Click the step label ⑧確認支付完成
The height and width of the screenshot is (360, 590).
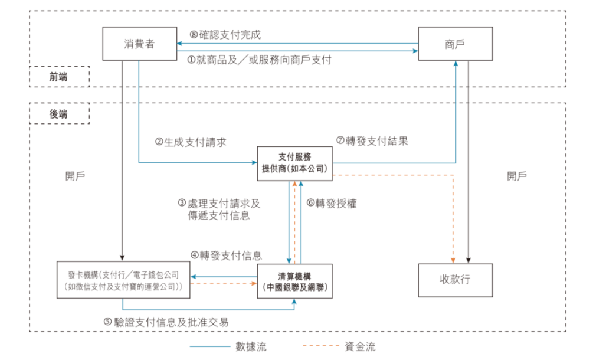point(225,35)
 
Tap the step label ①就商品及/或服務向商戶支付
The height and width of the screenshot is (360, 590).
point(259,60)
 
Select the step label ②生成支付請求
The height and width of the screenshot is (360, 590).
point(191,142)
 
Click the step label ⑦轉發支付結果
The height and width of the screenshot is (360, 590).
point(372,141)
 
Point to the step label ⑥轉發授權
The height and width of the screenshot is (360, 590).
point(332,204)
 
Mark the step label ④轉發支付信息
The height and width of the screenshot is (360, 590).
point(226,256)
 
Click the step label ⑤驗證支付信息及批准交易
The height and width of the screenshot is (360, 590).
point(166,322)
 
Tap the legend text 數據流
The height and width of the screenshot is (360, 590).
point(251,346)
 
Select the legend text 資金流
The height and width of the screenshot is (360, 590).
point(360,346)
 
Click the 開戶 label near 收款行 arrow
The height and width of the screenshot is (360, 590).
point(517,176)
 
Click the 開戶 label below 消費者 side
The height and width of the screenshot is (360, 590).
point(75,176)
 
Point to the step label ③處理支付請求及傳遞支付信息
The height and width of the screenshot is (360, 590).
point(219,210)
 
